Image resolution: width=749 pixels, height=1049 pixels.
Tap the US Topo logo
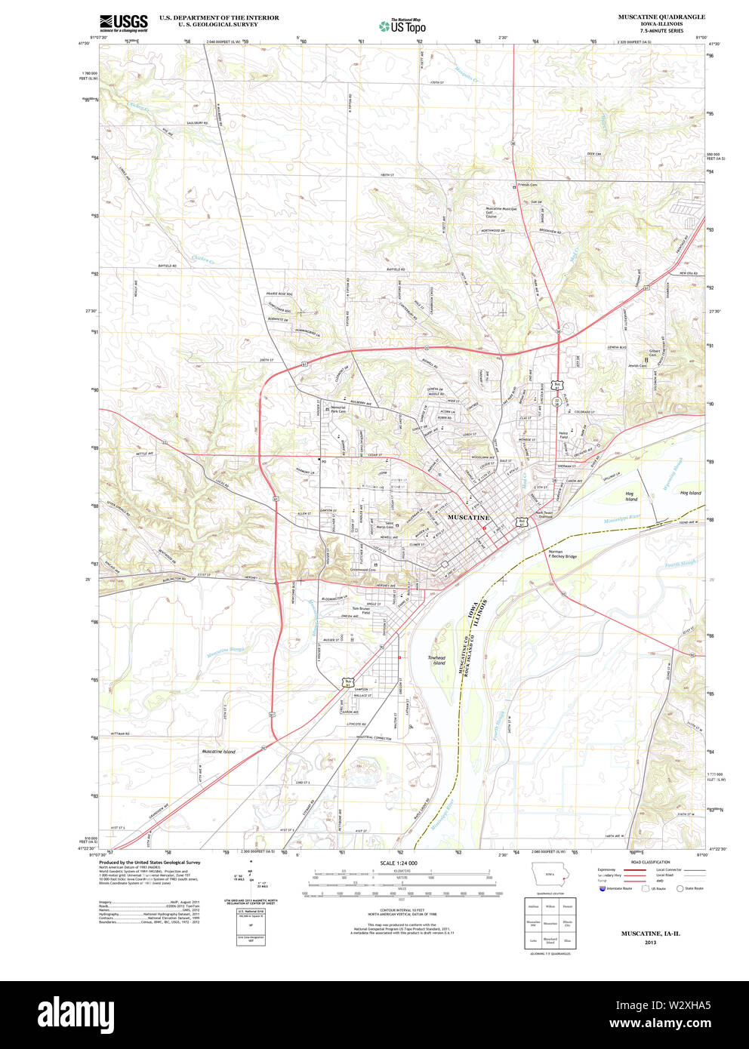click(403, 26)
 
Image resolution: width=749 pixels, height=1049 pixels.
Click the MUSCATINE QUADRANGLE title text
click(661, 17)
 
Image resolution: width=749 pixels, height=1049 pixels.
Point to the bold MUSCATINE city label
click(469, 518)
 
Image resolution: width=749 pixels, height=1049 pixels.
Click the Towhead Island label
click(437, 660)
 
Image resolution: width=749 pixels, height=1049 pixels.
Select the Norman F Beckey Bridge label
click(562, 555)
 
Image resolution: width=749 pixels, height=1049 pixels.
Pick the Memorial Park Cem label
click(338, 410)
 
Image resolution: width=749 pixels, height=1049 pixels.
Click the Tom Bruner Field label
click(361, 611)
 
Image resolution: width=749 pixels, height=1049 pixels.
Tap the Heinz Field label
click(563, 436)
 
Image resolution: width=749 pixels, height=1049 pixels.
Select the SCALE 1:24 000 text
click(399, 863)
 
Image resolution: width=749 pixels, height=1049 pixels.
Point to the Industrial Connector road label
click(374, 737)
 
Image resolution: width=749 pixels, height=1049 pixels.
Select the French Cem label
click(528, 185)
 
